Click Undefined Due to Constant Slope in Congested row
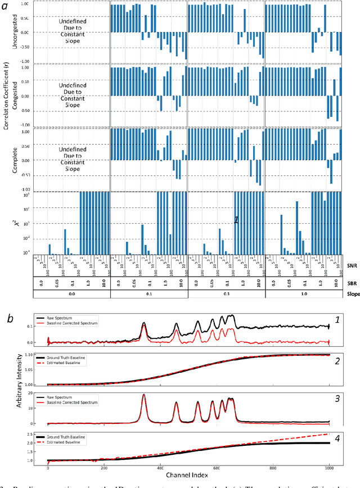pos(72,93)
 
